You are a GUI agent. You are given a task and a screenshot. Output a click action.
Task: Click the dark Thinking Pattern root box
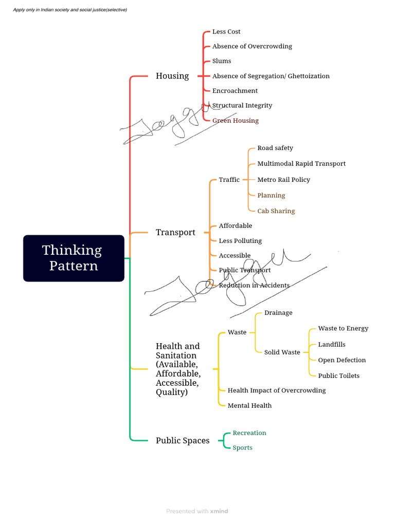74,258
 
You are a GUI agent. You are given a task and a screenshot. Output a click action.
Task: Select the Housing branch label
172,76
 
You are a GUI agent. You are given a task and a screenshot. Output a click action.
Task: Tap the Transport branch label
175,232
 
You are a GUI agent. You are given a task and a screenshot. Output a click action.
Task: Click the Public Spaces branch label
183,440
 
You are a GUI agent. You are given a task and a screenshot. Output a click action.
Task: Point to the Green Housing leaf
235,121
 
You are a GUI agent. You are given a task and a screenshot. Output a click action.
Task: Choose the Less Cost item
226,32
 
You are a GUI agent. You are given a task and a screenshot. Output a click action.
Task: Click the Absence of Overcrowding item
252,46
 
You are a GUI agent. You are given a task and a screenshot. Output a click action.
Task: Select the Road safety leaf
275,148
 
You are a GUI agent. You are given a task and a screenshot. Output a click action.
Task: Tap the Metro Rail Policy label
283,180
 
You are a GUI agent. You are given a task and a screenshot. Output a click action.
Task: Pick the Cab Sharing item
276,211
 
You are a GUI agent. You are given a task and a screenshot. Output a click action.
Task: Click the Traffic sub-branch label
229,180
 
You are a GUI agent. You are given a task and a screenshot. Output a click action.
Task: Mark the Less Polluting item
240,241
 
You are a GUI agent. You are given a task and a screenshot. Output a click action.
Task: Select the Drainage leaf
278,313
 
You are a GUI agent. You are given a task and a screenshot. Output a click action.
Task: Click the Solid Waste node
282,352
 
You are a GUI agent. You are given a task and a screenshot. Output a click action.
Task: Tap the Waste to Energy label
343,328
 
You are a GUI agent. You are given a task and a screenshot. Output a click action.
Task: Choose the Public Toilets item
338,375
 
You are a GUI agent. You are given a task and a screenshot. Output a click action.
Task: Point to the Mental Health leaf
249,405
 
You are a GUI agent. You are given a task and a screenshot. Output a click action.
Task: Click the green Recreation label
249,433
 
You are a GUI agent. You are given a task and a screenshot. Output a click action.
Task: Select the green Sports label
242,448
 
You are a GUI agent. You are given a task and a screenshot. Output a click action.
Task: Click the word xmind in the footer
219,511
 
